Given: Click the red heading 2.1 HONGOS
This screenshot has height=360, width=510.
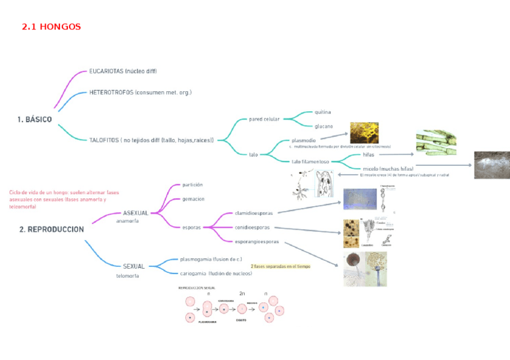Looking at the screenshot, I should click(51, 27).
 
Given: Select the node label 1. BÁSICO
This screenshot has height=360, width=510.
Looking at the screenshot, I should click(34, 120).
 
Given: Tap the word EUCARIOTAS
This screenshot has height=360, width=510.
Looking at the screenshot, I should click(106, 72).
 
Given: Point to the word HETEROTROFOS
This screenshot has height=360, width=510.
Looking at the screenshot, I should click(111, 93).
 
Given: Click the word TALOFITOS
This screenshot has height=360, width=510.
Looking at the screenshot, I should click(103, 140).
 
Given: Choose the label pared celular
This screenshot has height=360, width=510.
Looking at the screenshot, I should click(264, 119).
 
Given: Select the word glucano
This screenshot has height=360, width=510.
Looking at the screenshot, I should click(324, 126).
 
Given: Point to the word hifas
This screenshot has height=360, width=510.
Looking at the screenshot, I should click(369, 154).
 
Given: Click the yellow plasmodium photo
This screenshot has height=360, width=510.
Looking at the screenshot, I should click(364, 132).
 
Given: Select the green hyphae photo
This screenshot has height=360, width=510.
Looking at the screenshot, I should click(435, 143).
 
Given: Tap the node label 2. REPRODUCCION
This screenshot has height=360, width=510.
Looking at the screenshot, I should click(51, 229).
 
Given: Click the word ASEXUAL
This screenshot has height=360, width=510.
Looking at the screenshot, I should click(135, 213).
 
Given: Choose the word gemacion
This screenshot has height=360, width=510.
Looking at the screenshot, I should click(193, 199).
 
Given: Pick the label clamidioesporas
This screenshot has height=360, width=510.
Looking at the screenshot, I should click(254, 213).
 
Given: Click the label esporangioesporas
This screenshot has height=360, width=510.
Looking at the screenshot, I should click(257, 242).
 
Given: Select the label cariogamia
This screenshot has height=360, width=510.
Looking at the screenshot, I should click(194, 273).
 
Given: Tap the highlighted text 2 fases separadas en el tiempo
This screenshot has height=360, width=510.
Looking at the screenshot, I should click(280, 266).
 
